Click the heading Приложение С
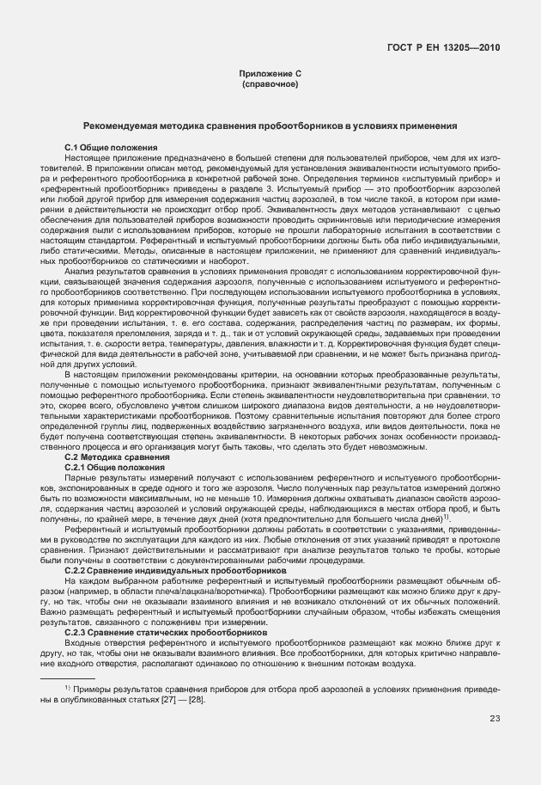tap(270, 76)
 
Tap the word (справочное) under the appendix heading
tap(270, 85)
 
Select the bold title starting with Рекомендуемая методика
tap(270, 126)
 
